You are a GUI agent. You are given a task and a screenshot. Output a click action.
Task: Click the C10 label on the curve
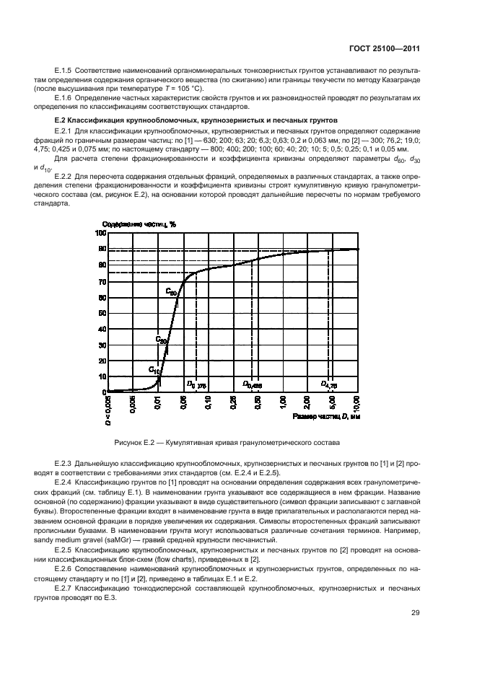(155, 370)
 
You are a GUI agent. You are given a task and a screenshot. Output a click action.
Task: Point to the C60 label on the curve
(171, 292)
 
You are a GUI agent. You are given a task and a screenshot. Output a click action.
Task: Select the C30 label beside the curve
(162, 338)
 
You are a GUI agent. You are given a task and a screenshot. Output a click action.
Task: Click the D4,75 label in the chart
(329, 384)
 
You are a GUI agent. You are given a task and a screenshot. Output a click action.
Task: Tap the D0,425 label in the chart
(252, 384)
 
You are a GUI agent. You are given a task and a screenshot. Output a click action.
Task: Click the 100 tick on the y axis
(100, 233)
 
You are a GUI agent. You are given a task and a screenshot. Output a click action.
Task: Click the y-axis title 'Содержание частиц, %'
(139, 224)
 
